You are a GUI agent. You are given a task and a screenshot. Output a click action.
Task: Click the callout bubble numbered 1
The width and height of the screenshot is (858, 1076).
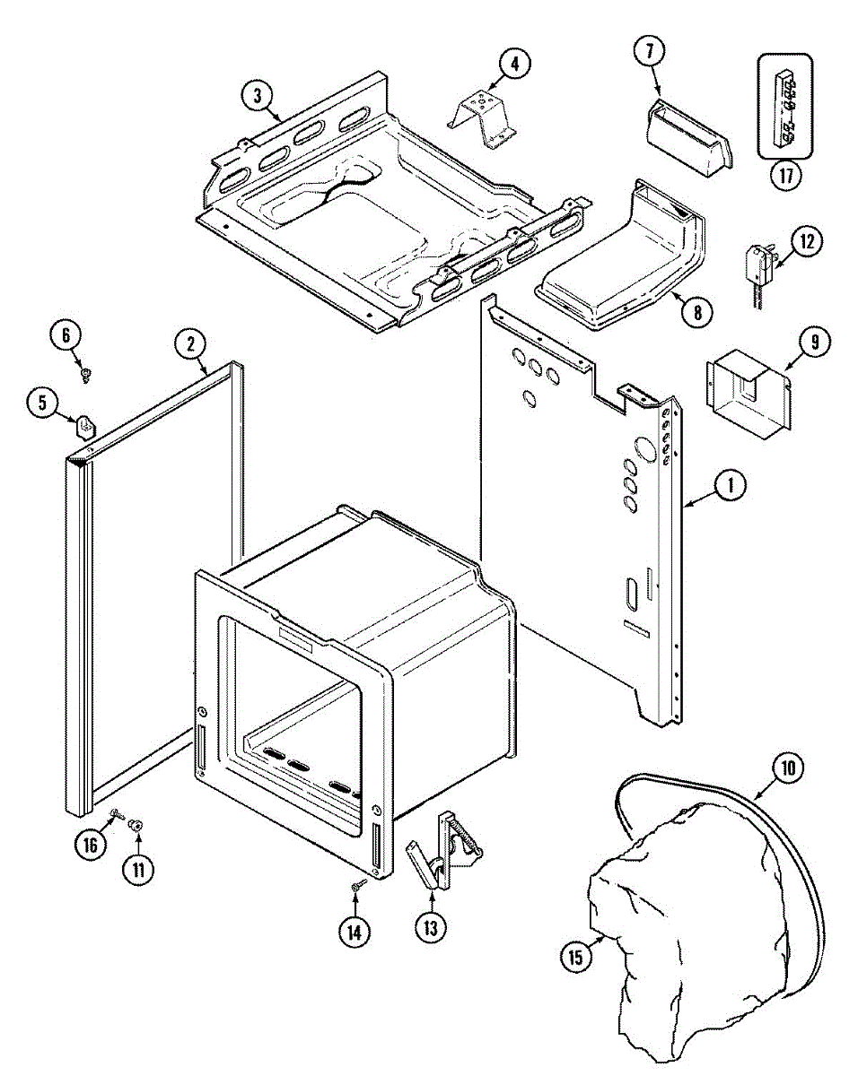pyautogui.click(x=731, y=486)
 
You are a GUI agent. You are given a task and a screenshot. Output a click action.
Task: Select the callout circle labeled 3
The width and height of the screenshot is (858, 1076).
pyautogui.click(x=258, y=95)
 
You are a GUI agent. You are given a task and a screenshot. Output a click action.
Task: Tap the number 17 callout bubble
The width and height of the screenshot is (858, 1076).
pyautogui.click(x=785, y=174)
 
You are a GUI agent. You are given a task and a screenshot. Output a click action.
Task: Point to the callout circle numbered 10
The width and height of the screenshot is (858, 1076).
pyautogui.click(x=788, y=768)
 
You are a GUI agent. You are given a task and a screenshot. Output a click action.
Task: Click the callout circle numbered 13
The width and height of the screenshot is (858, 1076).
pyautogui.click(x=431, y=929)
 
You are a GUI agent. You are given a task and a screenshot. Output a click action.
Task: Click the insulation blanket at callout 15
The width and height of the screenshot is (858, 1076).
pyautogui.click(x=682, y=933)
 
